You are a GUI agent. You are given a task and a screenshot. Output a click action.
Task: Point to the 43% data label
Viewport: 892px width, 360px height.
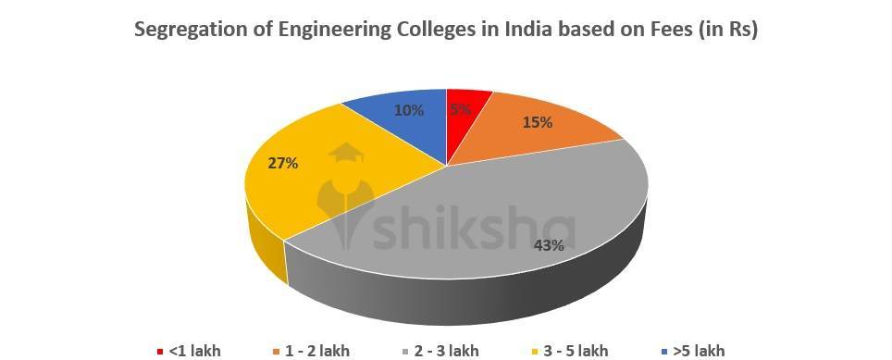tap(549, 245)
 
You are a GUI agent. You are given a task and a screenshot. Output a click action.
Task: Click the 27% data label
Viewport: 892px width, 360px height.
tap(283, 163)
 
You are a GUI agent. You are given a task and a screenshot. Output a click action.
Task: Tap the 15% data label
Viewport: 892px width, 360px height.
tap(538, 122)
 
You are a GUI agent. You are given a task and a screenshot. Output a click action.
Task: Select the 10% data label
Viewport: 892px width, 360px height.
tap(409, 110)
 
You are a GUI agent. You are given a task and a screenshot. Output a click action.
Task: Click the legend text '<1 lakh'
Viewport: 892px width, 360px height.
tap(194, 351)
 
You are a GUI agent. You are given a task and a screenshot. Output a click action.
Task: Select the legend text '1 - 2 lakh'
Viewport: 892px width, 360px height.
tap(317, 351)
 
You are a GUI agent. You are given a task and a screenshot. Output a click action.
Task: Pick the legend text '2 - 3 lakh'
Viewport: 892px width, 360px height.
tap(446, 351)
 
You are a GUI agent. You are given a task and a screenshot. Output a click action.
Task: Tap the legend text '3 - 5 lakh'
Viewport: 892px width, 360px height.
tap(576, 351)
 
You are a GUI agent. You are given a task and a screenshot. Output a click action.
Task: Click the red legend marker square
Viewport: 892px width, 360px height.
tap(160, 352)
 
